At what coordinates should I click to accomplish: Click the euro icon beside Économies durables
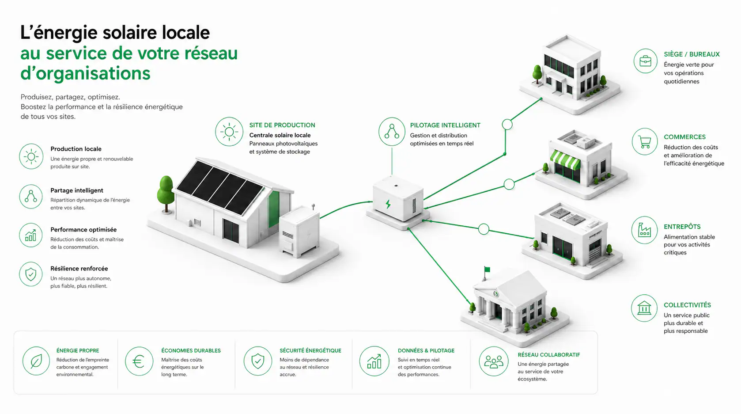point(139,361)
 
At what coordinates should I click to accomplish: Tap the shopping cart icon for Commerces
point(644,142)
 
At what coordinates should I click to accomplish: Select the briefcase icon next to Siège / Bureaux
point(646,61)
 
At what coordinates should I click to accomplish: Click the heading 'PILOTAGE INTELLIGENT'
point(445,125)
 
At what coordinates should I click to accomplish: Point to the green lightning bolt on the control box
point(388,204)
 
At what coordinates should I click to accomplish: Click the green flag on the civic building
point(487,270)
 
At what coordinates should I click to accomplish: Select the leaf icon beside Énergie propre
point(36,361)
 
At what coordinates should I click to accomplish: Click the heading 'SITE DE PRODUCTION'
point(282,125)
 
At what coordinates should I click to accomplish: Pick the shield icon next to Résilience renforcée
point(31,274)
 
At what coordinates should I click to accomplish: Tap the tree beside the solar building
point(166,194)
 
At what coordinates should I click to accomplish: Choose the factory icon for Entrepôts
point(644,230)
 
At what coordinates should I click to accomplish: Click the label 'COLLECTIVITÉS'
point(687,305)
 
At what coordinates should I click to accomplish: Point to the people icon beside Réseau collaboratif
point(494,361)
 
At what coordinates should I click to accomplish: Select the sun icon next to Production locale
point(31,156)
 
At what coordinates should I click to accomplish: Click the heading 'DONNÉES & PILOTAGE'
point(426,350)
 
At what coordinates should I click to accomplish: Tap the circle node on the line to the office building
point(507,125)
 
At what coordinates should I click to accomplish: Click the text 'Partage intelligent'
point(77,190)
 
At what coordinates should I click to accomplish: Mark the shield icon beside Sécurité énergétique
point(258,361)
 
